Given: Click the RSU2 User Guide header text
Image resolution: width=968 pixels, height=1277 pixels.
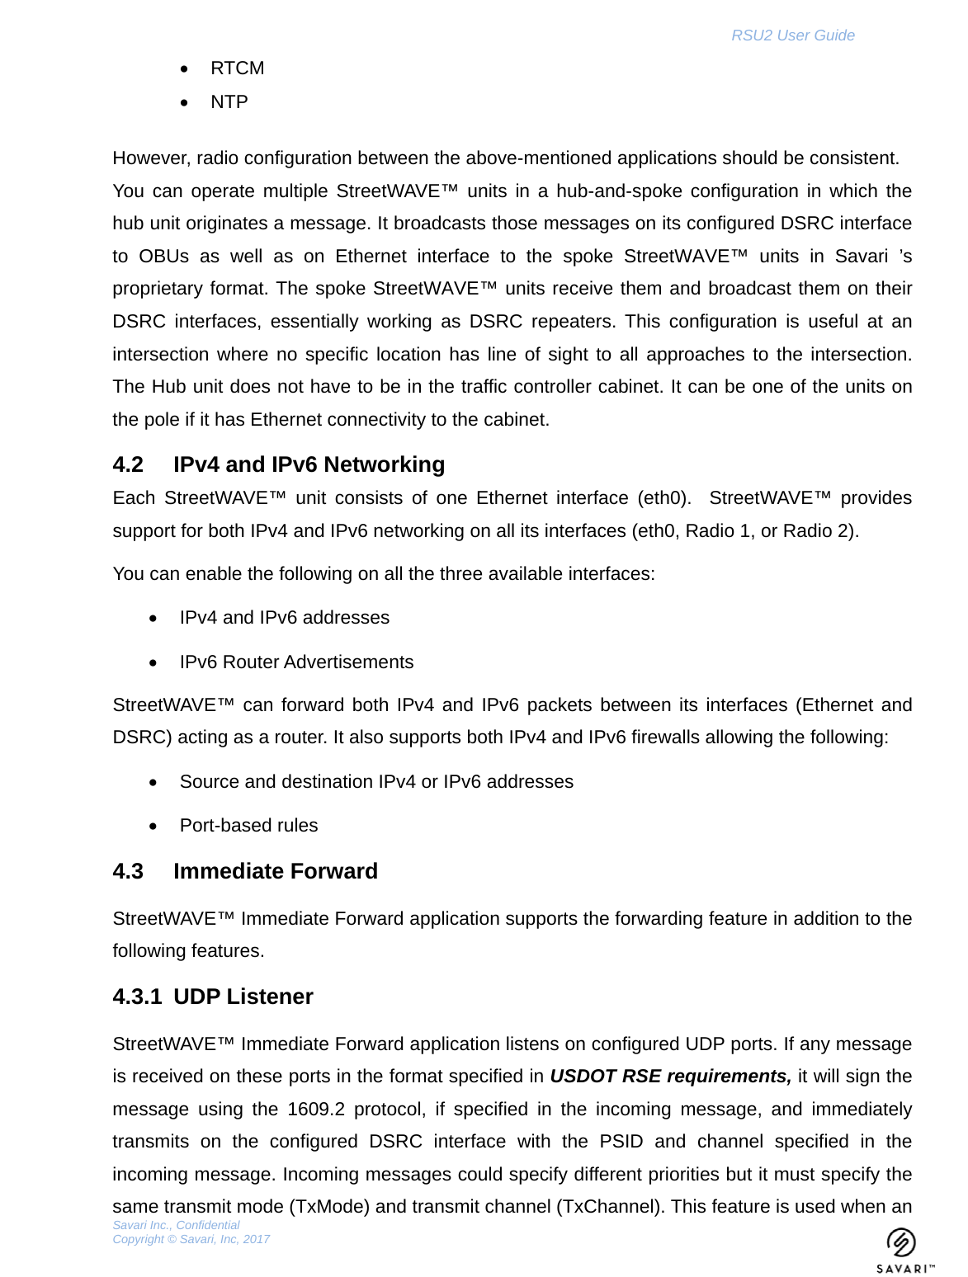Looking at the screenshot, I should point(792,35).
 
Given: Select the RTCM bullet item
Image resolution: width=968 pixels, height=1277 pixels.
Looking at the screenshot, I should point(237,68).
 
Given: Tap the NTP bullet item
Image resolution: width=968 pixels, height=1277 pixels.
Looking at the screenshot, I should point(229,102).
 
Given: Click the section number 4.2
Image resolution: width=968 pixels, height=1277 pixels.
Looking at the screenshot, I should point(128,465).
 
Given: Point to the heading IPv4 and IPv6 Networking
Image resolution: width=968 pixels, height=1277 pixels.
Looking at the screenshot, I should point(309,465).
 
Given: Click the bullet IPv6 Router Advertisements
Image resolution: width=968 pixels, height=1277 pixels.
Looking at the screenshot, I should point(296,662).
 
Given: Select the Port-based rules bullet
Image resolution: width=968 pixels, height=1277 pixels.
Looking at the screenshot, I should point(248,826).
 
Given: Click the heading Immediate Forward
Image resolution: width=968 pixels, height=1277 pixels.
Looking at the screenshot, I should point(275,872).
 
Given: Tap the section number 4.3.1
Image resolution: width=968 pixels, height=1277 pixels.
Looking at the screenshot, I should point(137,997).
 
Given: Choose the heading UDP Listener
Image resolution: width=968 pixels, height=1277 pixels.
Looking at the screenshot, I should point(243,997).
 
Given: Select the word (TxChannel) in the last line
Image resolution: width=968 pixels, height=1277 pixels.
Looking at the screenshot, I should point(610,1207).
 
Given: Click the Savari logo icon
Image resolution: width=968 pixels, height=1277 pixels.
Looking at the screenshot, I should point(901,1243).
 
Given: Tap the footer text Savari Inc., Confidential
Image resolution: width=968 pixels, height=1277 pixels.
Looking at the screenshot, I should point(176,1226).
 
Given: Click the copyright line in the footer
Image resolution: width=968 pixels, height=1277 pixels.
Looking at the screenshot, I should point(191,1240).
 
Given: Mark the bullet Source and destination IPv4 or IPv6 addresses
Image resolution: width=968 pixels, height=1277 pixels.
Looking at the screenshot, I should point(376,782).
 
